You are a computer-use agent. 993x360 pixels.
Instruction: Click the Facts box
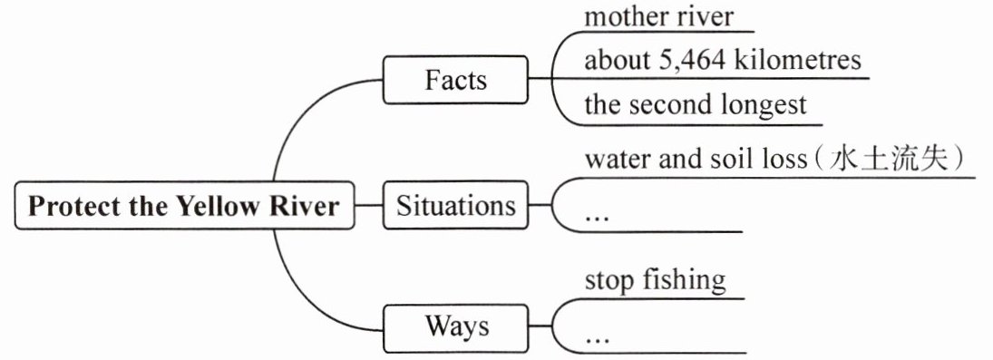(455, 80)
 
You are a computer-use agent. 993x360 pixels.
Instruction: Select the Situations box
(455, 205)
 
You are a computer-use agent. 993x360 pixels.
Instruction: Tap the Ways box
(455, 328)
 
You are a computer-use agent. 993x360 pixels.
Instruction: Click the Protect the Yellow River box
(184, 206)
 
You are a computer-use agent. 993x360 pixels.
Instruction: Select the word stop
(610, 281)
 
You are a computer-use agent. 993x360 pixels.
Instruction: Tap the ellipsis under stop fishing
(597, 340)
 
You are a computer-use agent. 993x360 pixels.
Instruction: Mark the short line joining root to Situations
(368, 205)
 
